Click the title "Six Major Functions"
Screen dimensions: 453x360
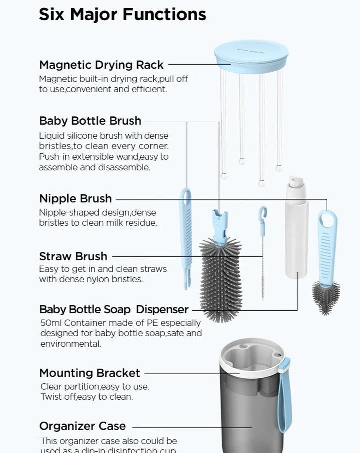122,14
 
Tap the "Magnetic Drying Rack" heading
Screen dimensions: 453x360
101,65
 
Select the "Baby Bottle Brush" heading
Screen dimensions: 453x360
90,121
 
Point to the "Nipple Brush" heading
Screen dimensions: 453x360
75,198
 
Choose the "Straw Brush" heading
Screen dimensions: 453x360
73,256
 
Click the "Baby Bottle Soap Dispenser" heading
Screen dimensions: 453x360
114,309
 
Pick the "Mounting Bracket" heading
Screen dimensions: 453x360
90,373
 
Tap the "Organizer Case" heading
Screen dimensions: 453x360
82,426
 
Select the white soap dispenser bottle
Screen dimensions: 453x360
296,235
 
